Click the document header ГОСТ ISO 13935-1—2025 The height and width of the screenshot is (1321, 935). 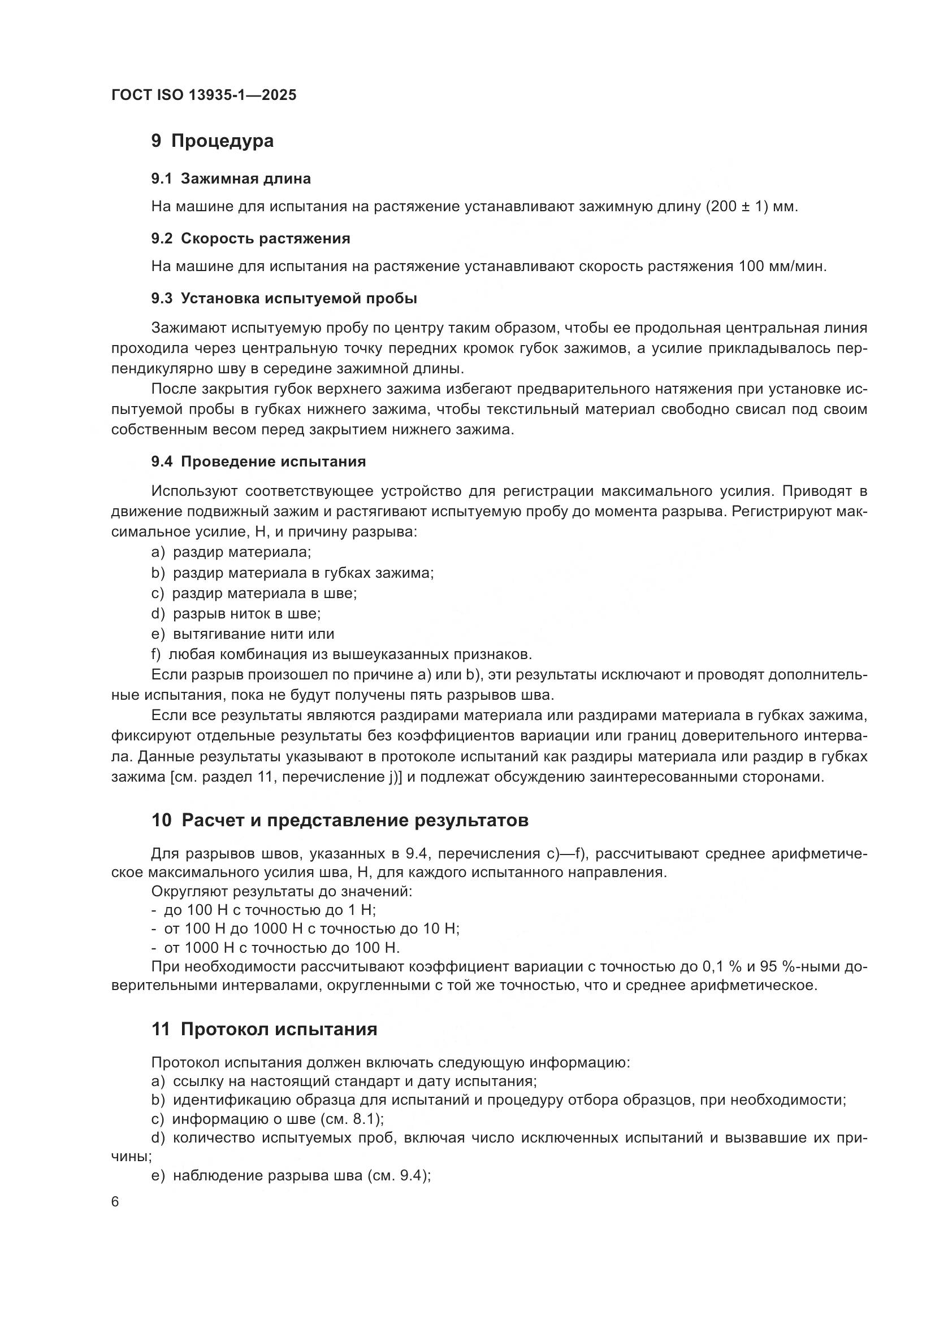coord(204,95)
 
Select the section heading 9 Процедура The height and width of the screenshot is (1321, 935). coord(213,141)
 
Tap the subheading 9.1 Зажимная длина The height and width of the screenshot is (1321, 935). coord(231,179)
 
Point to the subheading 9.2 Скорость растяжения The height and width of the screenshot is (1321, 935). coord(250,239)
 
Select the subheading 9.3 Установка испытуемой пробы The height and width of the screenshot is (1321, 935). coord(284,299)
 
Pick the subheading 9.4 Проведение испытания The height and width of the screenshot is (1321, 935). coord(258,462)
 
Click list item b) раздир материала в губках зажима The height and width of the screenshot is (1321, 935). coord(292,573)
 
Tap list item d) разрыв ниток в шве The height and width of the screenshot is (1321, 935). coord(236,614)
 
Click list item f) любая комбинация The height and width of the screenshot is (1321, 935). coord(341,655)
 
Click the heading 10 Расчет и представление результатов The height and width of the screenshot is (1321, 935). coord(340,821)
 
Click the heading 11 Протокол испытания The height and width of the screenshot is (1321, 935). coord(264,1030)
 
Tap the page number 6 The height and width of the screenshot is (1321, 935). coord(115,1202)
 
